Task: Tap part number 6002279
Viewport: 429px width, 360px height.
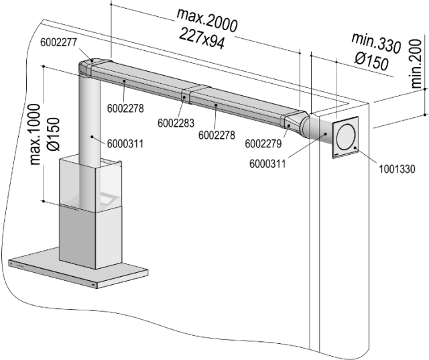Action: click(264, 143)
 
